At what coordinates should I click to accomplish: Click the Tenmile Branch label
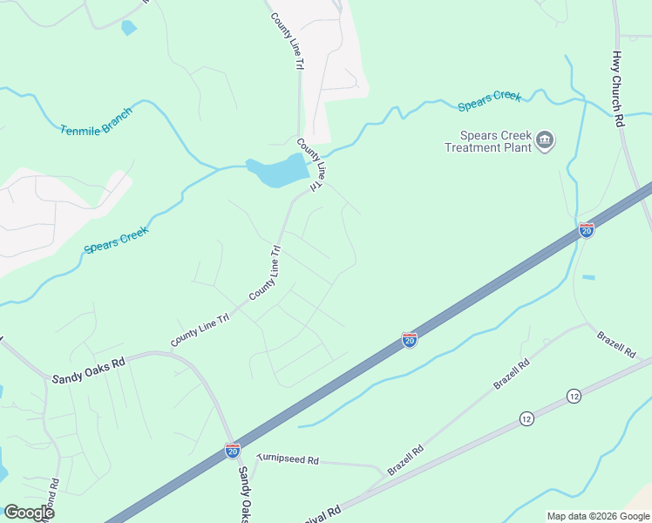[96, 122]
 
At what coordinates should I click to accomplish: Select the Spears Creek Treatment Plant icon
[546, 139]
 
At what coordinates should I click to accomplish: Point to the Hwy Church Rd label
[617, 88]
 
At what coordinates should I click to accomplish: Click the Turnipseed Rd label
[288, 458]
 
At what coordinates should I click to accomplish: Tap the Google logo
[29, 513]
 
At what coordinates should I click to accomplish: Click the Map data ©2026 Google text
[597, 516]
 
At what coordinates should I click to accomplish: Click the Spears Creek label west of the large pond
[117, 238]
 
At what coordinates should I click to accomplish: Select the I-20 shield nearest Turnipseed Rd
[233, 450]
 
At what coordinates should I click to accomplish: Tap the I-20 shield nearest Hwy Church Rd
[587, 230]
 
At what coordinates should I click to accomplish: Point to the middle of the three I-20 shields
[410, 339]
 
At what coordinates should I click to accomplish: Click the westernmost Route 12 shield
[526, 419]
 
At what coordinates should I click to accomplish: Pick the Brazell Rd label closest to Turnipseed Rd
[405, 459]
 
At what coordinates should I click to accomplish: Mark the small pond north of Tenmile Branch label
[129, 28]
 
